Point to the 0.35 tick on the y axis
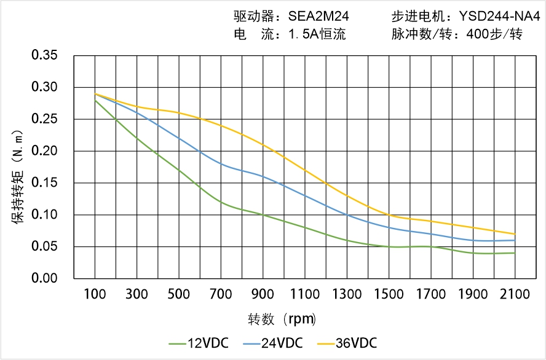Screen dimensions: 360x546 pyautogui.click(x=44, y=56)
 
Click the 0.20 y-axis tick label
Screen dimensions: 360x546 pyautogui.click(x=44, y=151)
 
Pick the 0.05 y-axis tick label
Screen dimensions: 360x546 pyautogui.click(x=44, y=246)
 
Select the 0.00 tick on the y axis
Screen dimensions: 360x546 pyautogui.click(x=44, y=278)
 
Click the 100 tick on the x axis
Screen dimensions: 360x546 pyautogui.click(x=95, y=294)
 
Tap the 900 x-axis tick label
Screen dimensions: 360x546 pyautogui.click(x=263, y=294)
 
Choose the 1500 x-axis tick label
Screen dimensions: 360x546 pyautogui.click(x=389, y=294)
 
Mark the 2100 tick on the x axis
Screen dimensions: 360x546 pyautogui.click(x=515, y=294)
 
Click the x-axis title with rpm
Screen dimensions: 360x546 pyautogui.click(x=282, y=319)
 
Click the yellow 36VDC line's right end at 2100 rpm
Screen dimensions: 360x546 pyautogui.click(x=515, y=234)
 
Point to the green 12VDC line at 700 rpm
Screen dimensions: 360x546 pyautogui.click(x=221, y=202)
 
